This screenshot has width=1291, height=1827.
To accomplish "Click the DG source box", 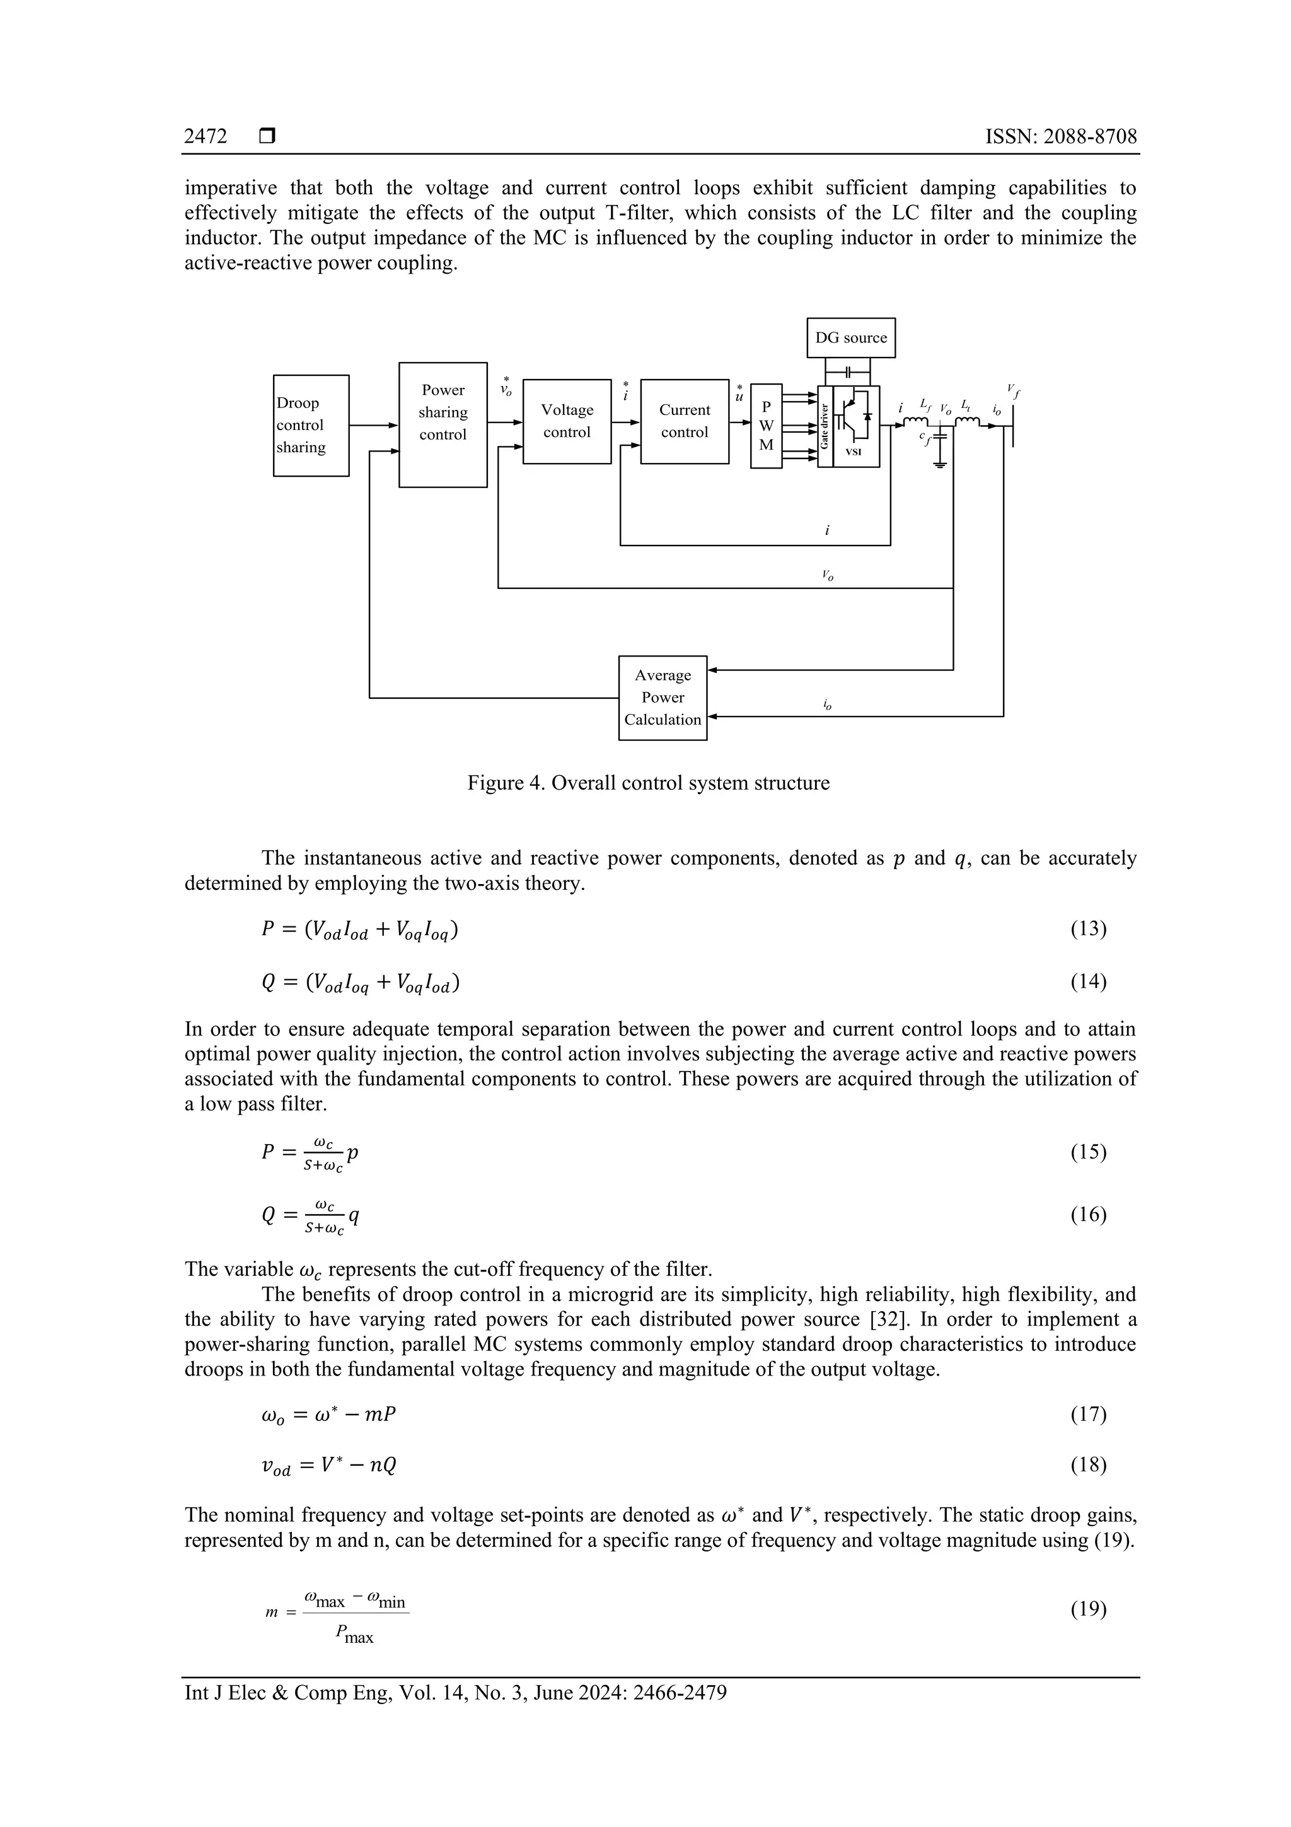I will (850, 337).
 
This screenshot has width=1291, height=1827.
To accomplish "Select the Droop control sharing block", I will (310, 425).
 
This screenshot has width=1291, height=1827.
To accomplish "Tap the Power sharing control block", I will (443, 424).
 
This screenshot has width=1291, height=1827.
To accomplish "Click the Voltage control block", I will (566, 421).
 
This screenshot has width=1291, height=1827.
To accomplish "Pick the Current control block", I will (684, 421).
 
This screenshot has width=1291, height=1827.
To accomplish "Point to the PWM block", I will (766, 426).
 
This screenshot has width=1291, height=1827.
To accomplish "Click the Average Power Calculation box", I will (663, 697).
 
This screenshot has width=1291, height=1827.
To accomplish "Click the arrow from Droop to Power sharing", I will (373, 425).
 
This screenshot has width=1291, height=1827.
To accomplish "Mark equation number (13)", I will (1088, 928).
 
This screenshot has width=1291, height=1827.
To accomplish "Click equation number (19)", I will (1088, 1609).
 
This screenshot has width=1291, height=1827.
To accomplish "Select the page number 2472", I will (206, 136).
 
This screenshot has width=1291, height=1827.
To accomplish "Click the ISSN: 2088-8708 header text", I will (1060, 136).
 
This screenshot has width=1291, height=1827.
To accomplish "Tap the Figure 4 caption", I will (647, 783).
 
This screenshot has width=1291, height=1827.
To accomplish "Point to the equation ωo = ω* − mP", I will (328, 1414).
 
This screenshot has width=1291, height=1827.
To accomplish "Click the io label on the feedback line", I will (828, 704).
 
